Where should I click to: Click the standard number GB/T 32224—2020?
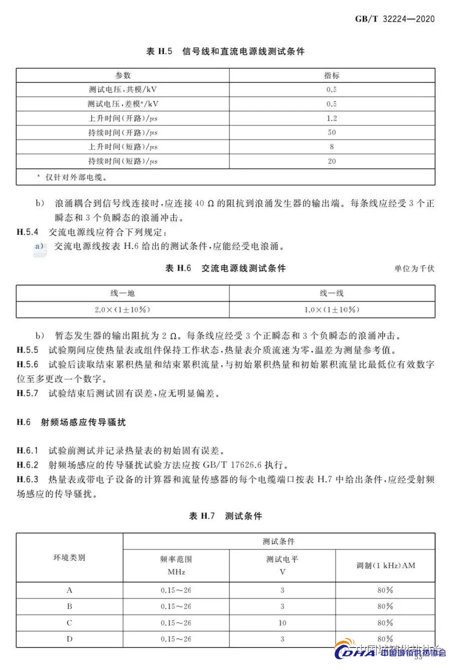(395, 19)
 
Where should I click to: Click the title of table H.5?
(225, 51)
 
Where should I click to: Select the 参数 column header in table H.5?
(123, 75)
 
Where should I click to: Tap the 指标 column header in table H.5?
(332, 75)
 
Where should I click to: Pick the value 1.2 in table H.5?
(332, 118)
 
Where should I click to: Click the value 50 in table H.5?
(332, 132)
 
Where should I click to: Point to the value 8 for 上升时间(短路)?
(332, 147)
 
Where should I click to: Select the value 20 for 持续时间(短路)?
(332, 161)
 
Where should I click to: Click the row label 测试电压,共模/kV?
(123, 89)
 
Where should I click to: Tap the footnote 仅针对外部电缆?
(75, 177)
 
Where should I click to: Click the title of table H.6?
(225, 269)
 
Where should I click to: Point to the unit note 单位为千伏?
(414, 269)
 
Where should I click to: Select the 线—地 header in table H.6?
(123, 293)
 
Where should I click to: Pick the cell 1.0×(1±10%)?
(332, 310)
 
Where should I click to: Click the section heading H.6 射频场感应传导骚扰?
(71, 422)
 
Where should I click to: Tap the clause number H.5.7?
(27, 393)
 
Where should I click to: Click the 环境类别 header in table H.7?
(69, 558)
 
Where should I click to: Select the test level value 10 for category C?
(282, 623)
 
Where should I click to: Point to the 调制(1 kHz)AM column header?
(385, 566)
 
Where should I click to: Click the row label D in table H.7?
(69, 639)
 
